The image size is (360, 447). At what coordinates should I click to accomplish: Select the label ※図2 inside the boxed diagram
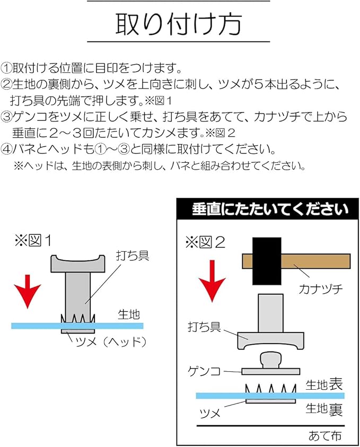(205, 243)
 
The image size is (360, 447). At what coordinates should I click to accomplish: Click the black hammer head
(268, 261)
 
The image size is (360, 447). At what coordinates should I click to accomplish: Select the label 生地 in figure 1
(128, 314)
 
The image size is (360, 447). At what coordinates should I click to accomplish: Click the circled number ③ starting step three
(7, 116)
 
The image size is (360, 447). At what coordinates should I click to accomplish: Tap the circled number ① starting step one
(7, 68)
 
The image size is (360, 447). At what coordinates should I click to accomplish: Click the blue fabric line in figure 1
(37, 325)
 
